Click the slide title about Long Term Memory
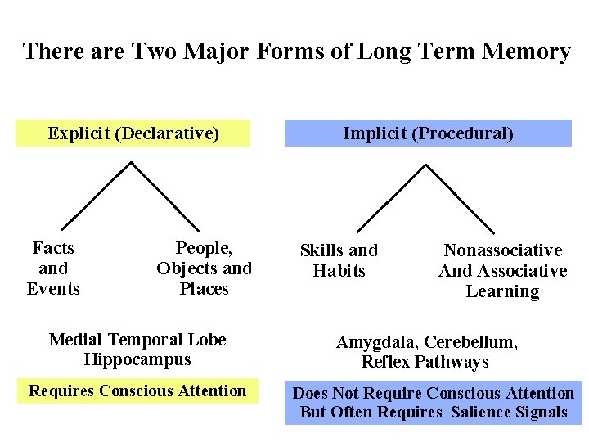296,52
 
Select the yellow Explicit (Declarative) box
133,133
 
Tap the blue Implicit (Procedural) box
428,133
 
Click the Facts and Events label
53,268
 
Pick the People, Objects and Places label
204,268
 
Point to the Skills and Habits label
339,260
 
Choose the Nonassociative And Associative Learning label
502,271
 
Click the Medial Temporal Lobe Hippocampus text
137,350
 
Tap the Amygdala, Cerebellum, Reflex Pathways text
427,352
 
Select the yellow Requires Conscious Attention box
137,391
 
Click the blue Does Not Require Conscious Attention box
434,403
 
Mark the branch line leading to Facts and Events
97,195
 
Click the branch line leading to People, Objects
166,195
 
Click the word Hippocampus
137,359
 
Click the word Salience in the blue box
481,412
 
